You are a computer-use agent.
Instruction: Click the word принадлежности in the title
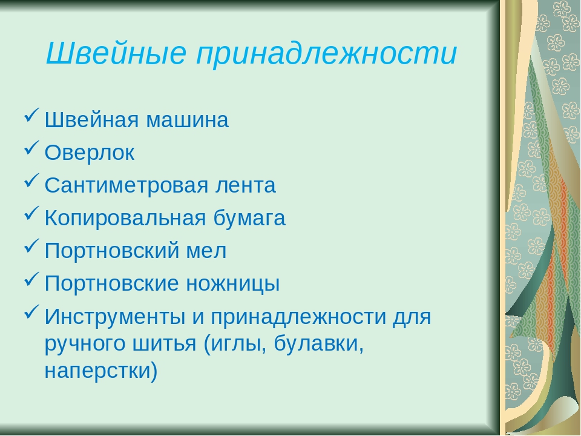coord(326,53)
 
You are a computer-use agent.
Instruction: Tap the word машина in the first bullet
coord(187,120)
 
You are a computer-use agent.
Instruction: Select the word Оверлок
coord(90,153)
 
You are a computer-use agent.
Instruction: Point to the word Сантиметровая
coord(126,185)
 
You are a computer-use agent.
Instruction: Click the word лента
coord(246,185)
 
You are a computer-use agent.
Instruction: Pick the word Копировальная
coord(125,218)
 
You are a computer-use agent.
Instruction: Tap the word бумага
coord(249,218)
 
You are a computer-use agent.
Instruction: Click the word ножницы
coord(232,283)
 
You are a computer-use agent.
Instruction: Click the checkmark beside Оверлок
coord(32,148)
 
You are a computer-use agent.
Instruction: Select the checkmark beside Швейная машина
coord(32,115)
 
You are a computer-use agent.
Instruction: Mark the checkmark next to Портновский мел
coord(32,246)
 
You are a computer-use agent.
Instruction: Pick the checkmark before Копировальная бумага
coord(32,213)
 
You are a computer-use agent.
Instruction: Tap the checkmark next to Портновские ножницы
coord(32,279)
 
